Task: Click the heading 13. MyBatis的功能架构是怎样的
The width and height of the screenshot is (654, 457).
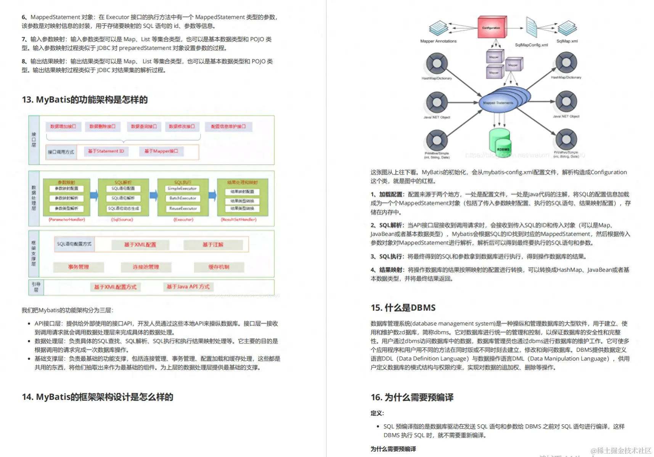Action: point(85,100)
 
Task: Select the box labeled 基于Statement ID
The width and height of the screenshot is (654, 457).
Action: point(106,151)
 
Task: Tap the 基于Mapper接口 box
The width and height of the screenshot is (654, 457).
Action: point(161,151)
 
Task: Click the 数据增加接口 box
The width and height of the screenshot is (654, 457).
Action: point(63,127)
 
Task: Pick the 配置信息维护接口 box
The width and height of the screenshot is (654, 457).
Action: point(228,127)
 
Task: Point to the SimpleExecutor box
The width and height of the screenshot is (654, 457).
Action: point(182,189)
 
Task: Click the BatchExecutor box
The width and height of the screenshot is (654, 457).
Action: point(183,198)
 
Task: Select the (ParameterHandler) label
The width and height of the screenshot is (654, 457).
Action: point(67,220)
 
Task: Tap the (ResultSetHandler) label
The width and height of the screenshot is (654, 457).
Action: point(239,220)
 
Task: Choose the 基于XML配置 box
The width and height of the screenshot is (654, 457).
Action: point(140,245)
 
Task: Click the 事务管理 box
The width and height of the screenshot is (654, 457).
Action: point(79,267)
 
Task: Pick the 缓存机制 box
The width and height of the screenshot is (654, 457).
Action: point(219,267)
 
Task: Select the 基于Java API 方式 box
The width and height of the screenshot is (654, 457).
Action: point(188,287)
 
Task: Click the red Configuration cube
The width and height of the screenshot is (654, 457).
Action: point(492,27)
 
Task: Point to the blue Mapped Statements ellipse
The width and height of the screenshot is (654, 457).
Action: point(498,103)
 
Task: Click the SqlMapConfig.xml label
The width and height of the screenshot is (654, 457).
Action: point(531,45)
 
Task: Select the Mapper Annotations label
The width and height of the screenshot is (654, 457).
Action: point(438,41)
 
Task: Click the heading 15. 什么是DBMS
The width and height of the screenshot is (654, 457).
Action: point(403,308)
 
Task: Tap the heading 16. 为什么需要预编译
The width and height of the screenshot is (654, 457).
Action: point(412,398)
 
